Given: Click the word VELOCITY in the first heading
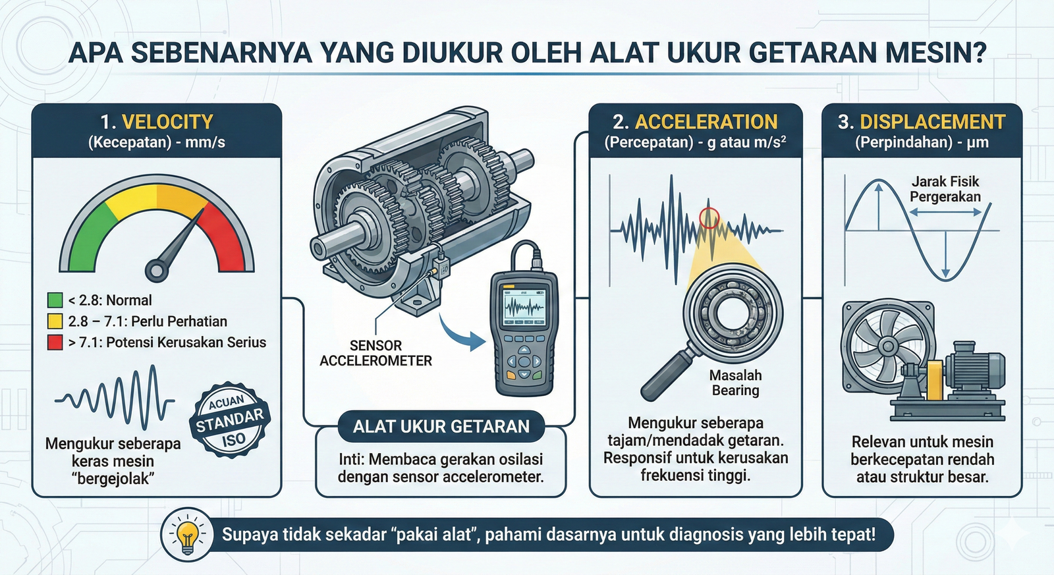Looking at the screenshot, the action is click(x=167, y=122).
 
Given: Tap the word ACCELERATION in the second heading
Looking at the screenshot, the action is click(x=706, y=122).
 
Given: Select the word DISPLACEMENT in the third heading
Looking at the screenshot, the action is click(x=933, y=122).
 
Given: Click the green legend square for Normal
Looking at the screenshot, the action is click(x=55, y=300).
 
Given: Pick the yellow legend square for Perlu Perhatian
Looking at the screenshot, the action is click(x=55, y=321).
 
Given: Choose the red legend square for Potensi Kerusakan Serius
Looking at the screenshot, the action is click(x=55, y=342).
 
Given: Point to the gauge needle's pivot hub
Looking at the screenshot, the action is click(x=157, y=270).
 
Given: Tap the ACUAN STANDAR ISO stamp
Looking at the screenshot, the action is click(x=229, y=420).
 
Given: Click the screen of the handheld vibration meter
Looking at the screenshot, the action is click(x=524, y=308).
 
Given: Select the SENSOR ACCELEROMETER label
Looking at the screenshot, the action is click(x=375, y=353).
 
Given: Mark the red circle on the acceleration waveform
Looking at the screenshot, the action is click(x=709, y=218).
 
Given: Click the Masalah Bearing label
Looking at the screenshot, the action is click(x=735, y=383).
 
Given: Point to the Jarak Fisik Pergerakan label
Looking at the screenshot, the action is click(x=945, y=188).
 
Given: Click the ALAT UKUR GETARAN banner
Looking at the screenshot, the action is click(x=441, y=426).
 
